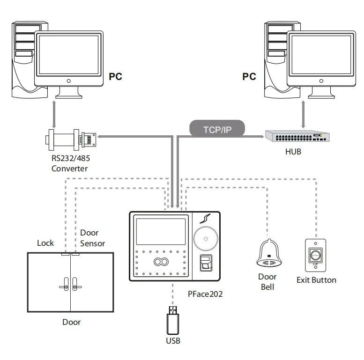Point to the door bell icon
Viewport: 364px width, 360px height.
point(268,253)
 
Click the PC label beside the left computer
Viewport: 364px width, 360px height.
point(115,76)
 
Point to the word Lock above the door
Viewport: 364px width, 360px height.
point(45,243)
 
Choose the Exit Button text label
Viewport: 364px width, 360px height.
point(316,280)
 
